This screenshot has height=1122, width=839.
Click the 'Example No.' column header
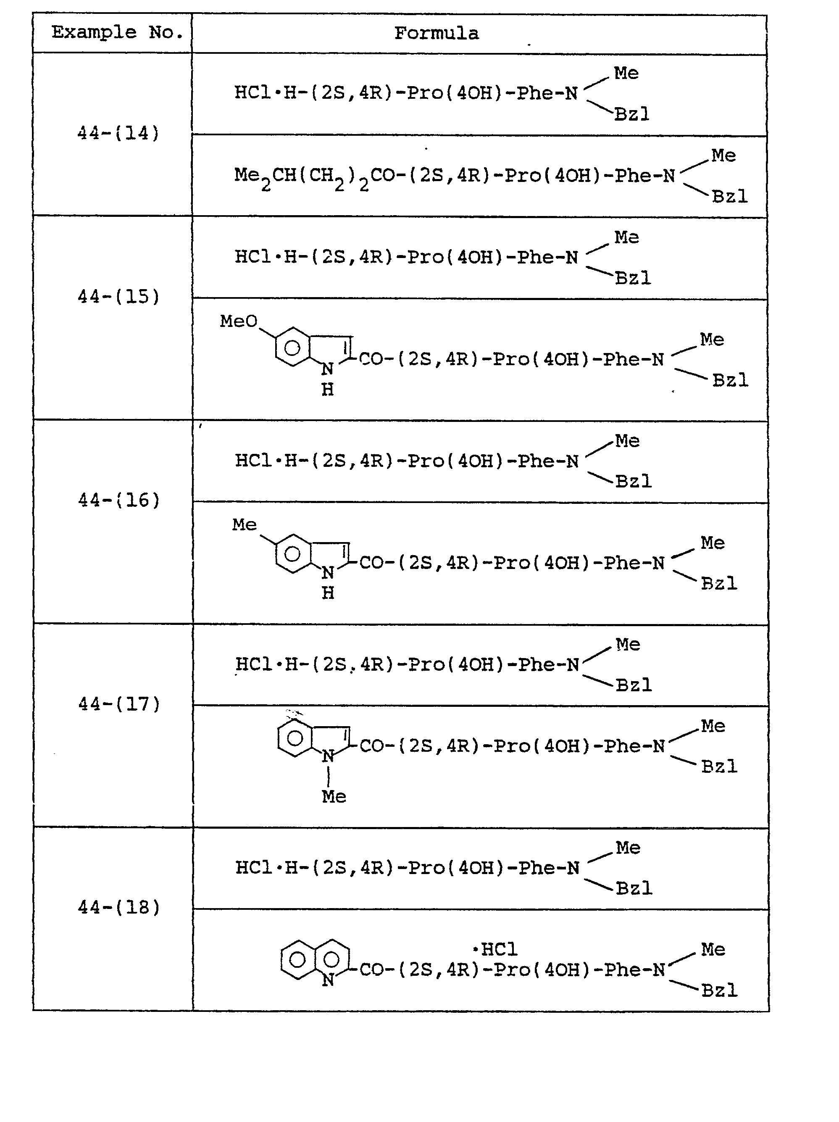(117, 32)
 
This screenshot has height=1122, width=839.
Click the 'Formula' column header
(436, 34)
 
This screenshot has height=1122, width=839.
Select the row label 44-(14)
(118, 133)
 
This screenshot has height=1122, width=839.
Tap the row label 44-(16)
(119, 500)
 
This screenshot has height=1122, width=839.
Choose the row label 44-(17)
(119, 704)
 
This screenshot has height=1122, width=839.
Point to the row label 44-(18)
(119, 907)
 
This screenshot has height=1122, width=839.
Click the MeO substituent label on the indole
(238, 321)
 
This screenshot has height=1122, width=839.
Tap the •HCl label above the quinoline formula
(495, 949)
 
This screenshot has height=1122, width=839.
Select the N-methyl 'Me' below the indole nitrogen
(334, 796)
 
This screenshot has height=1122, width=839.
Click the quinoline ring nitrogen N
(328, 980)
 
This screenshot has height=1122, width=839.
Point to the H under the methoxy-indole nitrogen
(328, 390)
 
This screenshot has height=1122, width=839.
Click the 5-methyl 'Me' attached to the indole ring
(245, 524)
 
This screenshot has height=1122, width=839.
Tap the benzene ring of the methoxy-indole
(292, 348)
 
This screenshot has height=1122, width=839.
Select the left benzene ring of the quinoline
(297, 959)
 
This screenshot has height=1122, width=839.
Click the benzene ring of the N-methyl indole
(295, 738)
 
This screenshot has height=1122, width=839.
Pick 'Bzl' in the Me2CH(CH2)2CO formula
(729, 196)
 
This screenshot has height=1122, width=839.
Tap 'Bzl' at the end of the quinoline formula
(719, 990)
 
